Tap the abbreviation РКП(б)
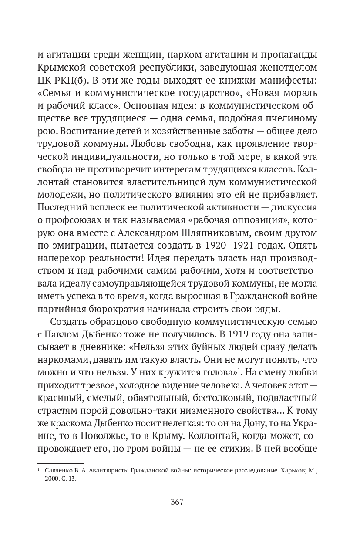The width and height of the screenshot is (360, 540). point(66,81)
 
